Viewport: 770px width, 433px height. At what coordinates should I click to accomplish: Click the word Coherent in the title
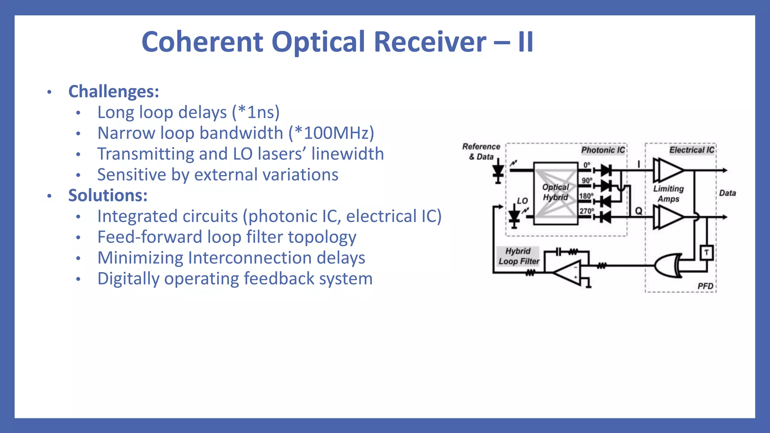coord(202,42)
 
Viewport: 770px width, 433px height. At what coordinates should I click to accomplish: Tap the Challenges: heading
coord(114,91)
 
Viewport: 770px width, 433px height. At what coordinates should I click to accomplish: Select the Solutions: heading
coord(108,195)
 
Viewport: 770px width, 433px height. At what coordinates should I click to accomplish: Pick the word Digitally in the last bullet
coord(128,279)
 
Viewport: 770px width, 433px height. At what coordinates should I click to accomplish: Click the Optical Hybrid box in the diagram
coord(555,192)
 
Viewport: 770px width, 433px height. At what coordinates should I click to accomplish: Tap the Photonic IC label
coord(603,150)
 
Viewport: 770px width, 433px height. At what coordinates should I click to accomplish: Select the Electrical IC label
coord(691,150)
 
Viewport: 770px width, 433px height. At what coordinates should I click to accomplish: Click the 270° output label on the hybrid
coord(586,211)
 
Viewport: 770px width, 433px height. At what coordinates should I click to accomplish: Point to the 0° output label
coord(587,165)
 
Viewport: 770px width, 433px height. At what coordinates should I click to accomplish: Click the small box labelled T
coord(706,252)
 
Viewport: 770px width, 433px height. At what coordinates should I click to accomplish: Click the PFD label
coord(705,286)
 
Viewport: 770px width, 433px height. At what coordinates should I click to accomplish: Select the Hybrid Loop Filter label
coord(518,256)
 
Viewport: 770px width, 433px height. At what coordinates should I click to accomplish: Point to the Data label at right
coord(727,193)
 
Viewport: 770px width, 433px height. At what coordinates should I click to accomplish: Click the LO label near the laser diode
coord(522,201)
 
